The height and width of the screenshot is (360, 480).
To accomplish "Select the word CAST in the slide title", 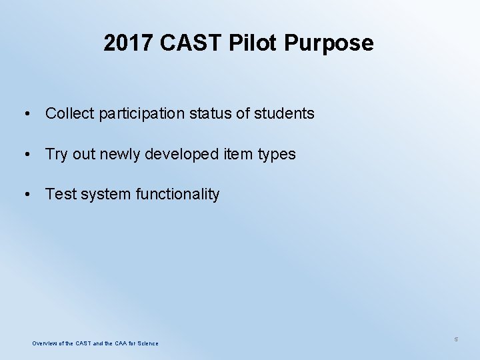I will [x=191, y=43].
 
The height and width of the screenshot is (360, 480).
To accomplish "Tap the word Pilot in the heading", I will [x=254, y=43].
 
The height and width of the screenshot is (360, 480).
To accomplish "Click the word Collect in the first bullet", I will [x=69, y=113].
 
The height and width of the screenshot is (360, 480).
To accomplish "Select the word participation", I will [x=141, y=114].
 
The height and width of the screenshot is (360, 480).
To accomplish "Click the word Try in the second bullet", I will [x=56, y=155].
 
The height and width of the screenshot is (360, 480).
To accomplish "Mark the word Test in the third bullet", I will [x=61, y=194].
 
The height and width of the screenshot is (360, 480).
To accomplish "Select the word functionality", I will [x=177, y=195].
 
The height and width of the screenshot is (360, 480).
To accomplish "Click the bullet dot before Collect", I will [x=25, y=114].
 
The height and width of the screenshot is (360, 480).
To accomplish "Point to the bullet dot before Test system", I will [x=25, y=195].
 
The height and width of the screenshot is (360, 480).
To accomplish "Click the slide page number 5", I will [x=456, y=339].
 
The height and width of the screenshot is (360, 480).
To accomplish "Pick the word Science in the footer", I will [x=148, y=343].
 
